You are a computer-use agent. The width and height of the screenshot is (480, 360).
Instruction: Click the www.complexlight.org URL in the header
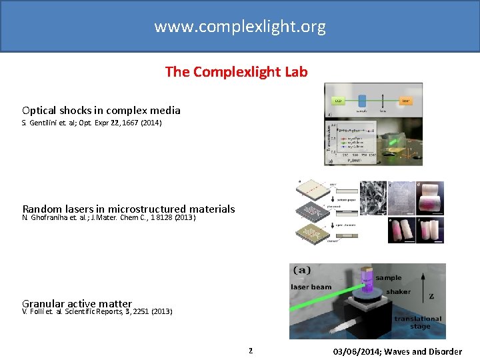point(240,27)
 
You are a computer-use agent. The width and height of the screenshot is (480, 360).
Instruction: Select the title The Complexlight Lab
point(237,72)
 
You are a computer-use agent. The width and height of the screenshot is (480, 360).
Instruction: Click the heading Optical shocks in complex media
point(101,110)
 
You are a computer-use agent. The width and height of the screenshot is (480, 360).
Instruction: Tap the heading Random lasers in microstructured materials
point(129,209)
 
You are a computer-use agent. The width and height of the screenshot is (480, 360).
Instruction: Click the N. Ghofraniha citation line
point(109,217)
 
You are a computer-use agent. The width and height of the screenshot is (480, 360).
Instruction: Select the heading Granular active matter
point(77,303)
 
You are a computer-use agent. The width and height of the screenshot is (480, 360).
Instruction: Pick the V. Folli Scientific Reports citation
point(97,311)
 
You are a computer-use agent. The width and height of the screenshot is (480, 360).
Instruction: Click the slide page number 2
point(251,350)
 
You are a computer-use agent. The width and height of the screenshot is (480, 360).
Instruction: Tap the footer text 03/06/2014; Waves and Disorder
point(398,351)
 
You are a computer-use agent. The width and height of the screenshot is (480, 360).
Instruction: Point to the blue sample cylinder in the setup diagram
point(363,100)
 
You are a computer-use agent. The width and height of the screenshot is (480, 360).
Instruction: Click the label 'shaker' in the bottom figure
point(399,291)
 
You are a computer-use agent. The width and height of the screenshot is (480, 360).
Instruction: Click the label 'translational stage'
point(417,323)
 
